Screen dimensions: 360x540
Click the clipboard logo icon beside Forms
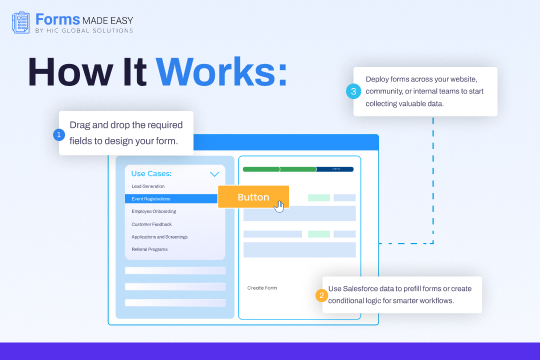(x=19, y=24)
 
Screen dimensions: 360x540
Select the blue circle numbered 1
(x=59, y=134)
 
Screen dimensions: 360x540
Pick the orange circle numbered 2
(x=321, y=295)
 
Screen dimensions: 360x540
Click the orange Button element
(x=253, y=197)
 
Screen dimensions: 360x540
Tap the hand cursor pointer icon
(x=280, y=206)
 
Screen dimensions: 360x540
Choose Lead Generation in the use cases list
(x=148, y=187)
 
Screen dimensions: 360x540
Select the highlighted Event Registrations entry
(x=152, y=199)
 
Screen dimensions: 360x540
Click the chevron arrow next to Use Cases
(x=213, y=174)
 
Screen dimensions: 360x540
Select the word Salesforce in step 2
(x=361, y=288)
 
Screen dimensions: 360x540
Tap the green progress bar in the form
(x=297, y=169)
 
